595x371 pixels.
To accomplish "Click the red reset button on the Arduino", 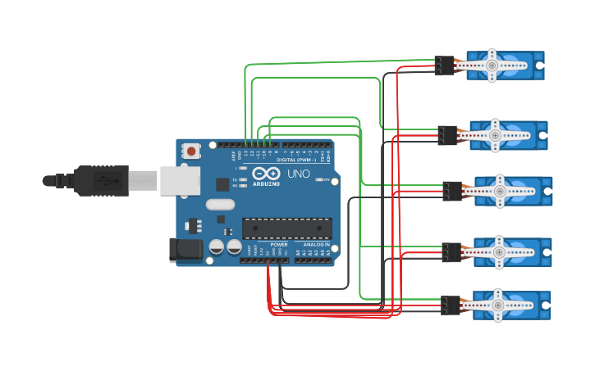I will click(x=191, y=151).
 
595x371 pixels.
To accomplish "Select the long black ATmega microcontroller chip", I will click(x=286, y=228).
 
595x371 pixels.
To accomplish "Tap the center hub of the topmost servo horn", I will click(x=492, y=65).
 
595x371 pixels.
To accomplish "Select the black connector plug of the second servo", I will click(x=448, y=135).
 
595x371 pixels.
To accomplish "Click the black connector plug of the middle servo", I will click(x=452, y=191).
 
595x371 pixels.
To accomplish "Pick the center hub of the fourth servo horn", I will click(x=497, y=252).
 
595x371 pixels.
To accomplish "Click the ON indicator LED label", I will click(x=326, y=179).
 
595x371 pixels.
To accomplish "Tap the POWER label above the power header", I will click(x=279, y=244).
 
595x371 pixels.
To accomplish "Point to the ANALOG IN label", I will click(x=316, y=244).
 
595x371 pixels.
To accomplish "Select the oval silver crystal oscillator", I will click(x=220, y=205).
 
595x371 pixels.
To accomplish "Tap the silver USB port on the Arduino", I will click(x=180, y=181).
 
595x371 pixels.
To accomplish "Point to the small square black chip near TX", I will click(x=222, y=184).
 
